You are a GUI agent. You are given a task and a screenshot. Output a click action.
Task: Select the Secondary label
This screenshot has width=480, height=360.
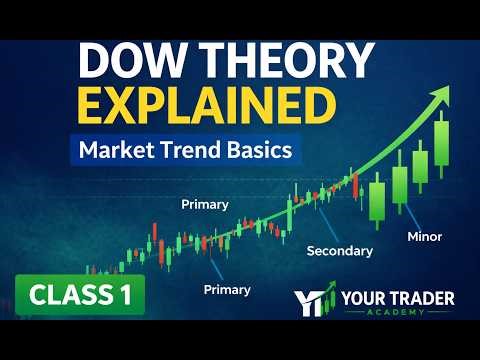(339, 250)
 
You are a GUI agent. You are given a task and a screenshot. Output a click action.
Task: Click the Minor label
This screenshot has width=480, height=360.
(425, 237)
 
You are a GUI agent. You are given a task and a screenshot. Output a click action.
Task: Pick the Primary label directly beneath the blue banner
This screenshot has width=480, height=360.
(204, 204)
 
